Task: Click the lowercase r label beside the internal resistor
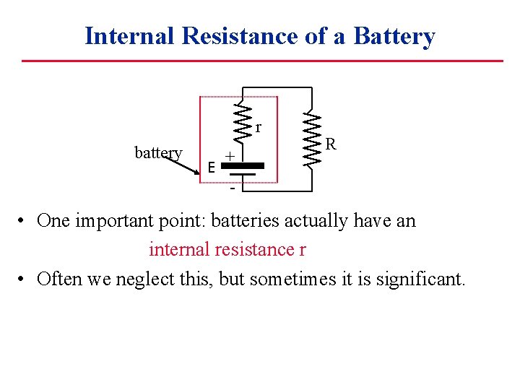click(x=258, y=128)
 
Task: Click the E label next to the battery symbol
click(x=210, y=168)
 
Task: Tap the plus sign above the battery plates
click(x=228, y=156)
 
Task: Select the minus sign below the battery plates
click(x=232, y=190)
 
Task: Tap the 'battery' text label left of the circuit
click(x=158, y=152)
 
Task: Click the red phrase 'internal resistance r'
click(x=227, y=250)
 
